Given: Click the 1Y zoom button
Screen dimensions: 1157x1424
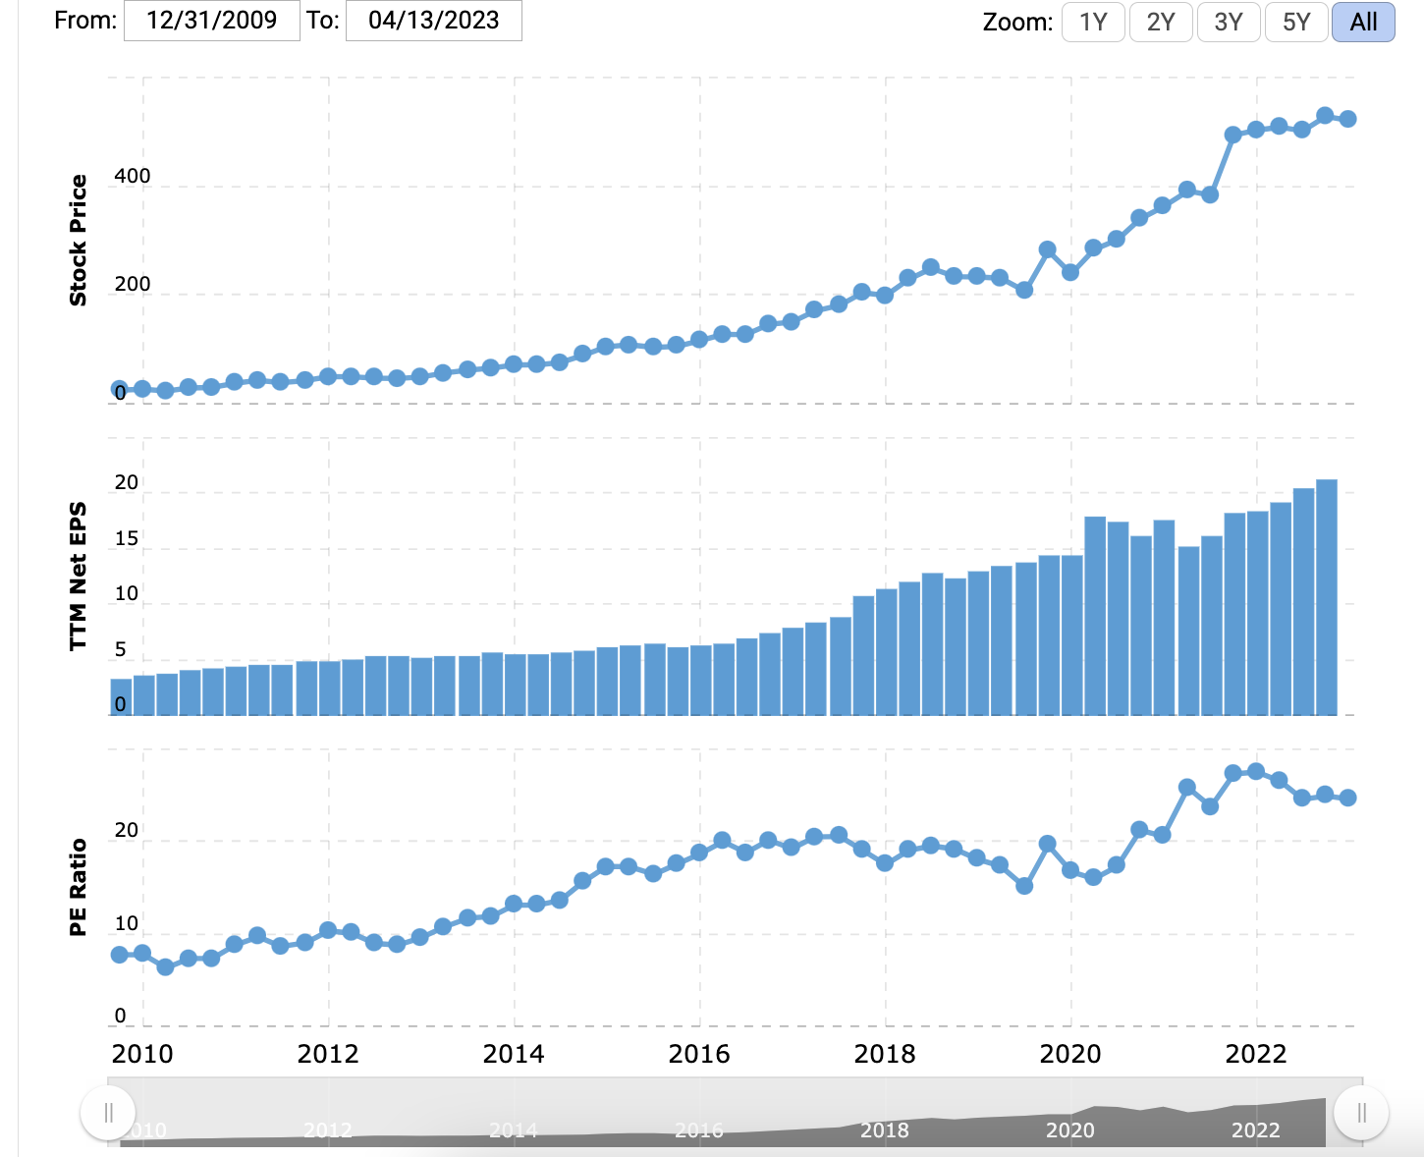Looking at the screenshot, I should [x=1093, y=22].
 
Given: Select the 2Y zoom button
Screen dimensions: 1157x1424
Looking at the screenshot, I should [x=1161, y=22].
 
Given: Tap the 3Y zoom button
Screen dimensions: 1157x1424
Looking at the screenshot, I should [x=1229, y=22].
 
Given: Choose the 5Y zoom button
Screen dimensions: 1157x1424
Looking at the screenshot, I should [x=1296, y=22].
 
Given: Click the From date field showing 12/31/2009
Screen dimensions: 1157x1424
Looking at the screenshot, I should [x=212, y=21].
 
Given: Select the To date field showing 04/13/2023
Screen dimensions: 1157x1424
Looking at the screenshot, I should [x=433, y=21].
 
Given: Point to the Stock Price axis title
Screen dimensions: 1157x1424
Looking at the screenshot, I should [x=79, y=241].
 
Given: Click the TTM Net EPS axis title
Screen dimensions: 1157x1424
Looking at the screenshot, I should [x=79, y=577].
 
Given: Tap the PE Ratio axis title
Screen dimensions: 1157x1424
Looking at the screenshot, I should [x=79, y=887].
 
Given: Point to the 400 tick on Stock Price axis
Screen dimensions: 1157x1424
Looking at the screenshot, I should [x=132, y=177].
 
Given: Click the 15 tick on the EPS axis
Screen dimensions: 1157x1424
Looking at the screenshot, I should [x=127, y=539].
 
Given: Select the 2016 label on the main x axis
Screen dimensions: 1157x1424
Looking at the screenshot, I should [x=699, y=1055].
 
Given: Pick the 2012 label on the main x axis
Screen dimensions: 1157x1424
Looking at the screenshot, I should [x=328, y=1055].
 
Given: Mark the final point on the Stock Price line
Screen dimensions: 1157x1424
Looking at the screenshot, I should [x=1348, y=119].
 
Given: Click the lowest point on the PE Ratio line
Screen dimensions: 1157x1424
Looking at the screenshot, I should [x=165, y=966].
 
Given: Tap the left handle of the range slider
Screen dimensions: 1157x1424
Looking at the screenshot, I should [x=108, y=1113].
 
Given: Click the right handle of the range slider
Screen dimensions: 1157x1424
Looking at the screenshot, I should [x=1361, y=1113].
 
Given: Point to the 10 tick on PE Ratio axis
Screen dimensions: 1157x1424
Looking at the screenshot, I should [x=127, y=924].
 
